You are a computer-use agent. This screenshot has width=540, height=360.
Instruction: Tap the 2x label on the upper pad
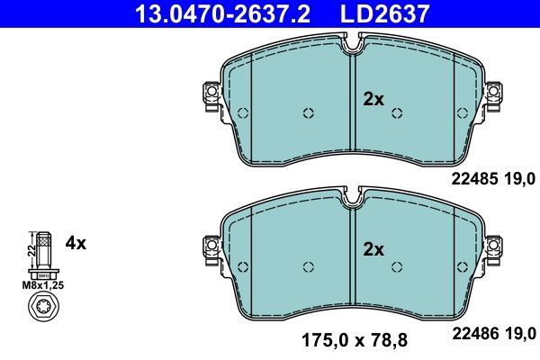pos(373,100)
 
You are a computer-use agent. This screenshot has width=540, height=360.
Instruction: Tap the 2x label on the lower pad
pos(373,248)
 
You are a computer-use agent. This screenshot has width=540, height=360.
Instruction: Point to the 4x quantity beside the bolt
pos(76,243)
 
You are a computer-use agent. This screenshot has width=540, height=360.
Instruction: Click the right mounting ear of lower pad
pos(492,245)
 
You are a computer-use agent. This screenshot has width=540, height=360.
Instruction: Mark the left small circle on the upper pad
pos(308,113)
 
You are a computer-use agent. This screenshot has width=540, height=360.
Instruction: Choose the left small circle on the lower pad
pos(308,265)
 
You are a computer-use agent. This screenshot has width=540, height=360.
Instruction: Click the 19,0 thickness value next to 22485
pos(519,180)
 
